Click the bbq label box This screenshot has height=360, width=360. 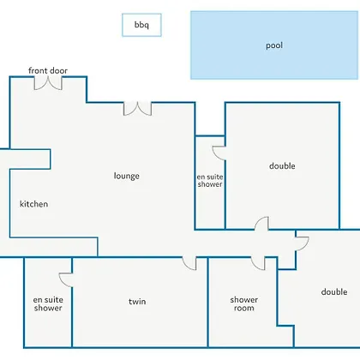141,25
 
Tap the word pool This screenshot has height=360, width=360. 274,45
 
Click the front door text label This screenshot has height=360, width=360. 48,70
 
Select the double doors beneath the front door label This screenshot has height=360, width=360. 48,83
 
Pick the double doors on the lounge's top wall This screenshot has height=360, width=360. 137,109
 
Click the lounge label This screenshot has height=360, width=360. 127,176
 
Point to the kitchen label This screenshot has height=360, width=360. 33,204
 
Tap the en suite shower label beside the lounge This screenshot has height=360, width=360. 210,181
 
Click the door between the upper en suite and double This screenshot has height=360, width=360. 219,153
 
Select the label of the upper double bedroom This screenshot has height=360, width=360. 282,166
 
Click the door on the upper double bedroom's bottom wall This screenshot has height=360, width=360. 261,224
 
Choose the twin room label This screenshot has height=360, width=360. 137,302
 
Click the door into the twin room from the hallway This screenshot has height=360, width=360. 189,263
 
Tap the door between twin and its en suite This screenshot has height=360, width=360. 66,280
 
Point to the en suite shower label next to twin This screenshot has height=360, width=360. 48,303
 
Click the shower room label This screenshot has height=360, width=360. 244,303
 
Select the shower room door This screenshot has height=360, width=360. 258,263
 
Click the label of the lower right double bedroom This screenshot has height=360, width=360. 334,291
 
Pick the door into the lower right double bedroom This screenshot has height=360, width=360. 303,243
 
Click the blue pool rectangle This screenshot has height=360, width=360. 274,45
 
